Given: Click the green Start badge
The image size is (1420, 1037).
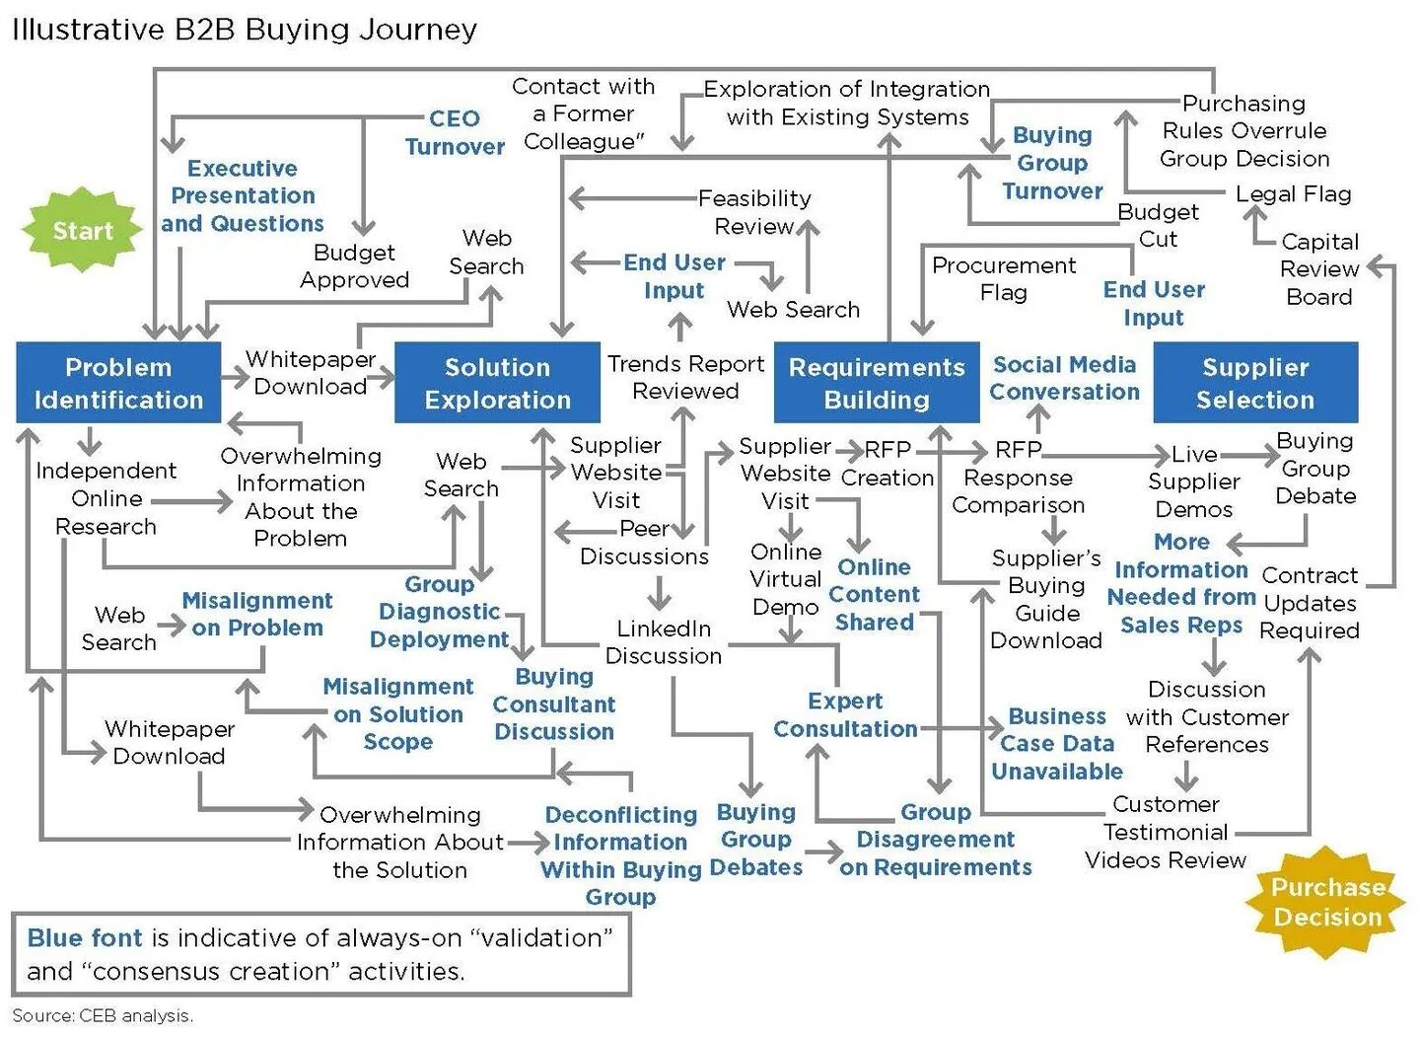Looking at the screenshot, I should coord(83,231).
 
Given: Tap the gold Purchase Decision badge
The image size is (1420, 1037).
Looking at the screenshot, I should coord(1326,902).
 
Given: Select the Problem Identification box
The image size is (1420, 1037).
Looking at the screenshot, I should coord(118,383).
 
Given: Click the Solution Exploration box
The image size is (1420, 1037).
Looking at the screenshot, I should coord(497,383).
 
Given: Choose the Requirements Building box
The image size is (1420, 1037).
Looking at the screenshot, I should coord(877,383).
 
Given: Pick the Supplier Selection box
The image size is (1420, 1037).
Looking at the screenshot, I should coord(1255,383).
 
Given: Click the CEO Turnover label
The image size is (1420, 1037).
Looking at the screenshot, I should coord(455,132).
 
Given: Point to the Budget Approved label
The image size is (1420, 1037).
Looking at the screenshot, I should coord(354,266).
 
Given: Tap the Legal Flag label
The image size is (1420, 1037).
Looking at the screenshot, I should coord(1293,193).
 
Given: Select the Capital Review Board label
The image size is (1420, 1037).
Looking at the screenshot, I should coord(1319,268).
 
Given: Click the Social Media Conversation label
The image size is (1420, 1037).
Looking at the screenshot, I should coord(1064,378).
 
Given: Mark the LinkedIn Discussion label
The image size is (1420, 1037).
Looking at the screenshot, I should coord(663,641).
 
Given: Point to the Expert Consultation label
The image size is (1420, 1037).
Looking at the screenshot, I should coord(845,714).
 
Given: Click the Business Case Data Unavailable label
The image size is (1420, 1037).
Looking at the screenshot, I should coord(1057,743).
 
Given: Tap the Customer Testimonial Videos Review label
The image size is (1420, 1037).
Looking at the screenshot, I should coord(1166,832).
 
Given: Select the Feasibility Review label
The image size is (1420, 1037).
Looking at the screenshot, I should coord(754,212).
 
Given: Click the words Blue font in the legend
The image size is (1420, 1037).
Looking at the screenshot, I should coord(85,937).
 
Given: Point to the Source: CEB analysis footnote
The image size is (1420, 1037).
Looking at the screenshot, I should coord(103,1015).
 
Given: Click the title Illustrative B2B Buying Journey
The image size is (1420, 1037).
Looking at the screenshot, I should coord(245,30).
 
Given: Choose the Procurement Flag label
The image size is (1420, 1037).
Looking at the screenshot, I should coord(1004,278).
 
